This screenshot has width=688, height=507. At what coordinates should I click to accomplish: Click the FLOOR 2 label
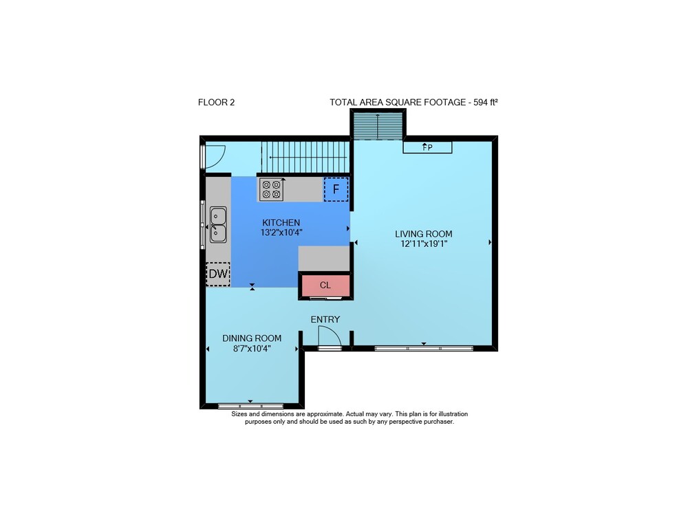pyautogui.click(x=216, y=103)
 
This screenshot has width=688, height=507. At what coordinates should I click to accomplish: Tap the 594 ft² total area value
pyautogui.click(x=486, y=103)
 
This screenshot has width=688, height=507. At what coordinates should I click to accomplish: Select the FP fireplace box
pyautogui.click(x=427, y=147)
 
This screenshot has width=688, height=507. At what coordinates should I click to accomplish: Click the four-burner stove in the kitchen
pyautogui.click(x=271, y=189)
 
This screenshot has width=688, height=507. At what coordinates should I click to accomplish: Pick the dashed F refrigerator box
pyautogui.click(x=336, y=189)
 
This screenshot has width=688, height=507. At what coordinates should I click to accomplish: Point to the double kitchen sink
pyautogui.click(x=218, y=224)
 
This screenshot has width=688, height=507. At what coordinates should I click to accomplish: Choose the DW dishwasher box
pyautogui.click(x=218, y=274)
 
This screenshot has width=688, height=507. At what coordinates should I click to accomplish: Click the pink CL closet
pyautogui.click(x=325, y=285)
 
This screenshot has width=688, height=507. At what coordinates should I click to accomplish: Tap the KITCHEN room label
pyautogui.click(x=281, y=223)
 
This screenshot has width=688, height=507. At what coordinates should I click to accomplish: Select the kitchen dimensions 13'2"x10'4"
pyautogui.click(x=281, y=233)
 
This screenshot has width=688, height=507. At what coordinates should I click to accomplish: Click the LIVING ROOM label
pyautogui.click(x=423, y=234)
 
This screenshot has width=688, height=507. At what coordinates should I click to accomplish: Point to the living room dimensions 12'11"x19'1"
pyautogui.click(x=424, y=244)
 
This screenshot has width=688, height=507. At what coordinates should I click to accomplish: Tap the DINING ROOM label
pyautogui.click(x=252, y=338)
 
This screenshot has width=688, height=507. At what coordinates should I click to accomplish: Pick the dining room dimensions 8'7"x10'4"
pyautogui.click(x=252, y=349)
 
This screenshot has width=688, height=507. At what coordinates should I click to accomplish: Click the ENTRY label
pyautogui.click(x=325, y=319)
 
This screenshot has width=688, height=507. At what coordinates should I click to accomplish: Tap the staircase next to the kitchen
pyautogui.click(x=305, y=157)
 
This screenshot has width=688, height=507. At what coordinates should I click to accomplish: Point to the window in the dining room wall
pyautogui.click(x=250, y=406)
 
